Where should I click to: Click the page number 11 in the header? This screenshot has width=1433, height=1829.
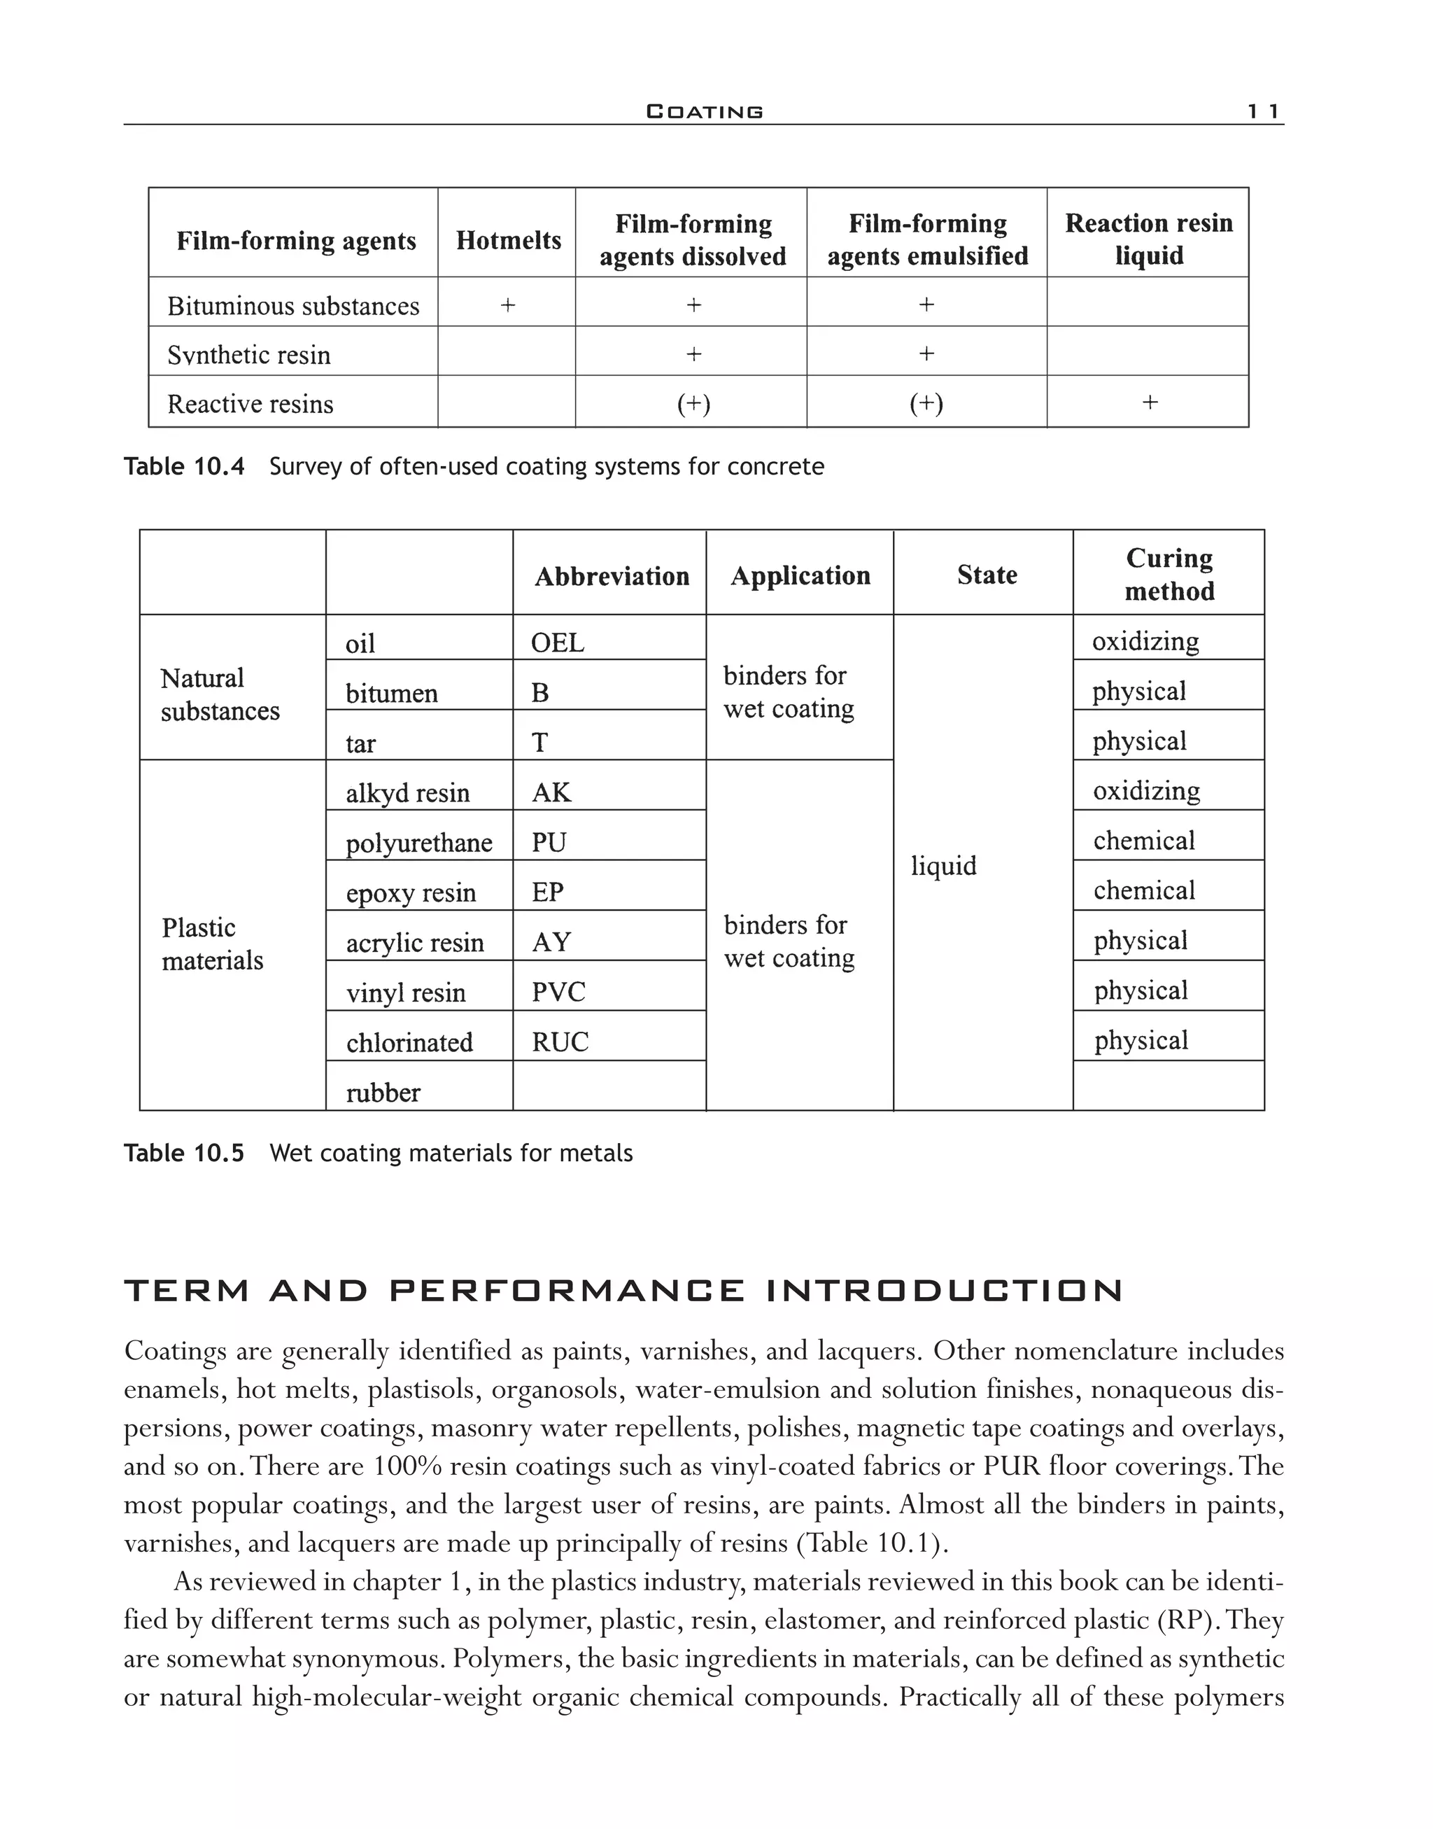click(1263, 111)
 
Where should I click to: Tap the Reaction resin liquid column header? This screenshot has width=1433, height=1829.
click(1149, 239)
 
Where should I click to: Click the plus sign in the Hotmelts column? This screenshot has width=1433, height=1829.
click(507, 304)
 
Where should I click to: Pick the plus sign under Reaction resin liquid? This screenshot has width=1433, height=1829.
click(1150, 403)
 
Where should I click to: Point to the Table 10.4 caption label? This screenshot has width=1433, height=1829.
click(184, 467)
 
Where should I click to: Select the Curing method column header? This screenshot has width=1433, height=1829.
click(1169, 574)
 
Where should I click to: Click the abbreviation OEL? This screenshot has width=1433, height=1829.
click(557, 643)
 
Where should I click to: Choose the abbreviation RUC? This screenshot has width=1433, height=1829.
click(560, 1042)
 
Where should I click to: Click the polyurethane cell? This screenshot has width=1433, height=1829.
click(418, 843)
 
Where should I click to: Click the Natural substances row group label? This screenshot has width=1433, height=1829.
click(220, 694)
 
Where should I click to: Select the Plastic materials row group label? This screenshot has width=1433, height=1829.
click(211, 944)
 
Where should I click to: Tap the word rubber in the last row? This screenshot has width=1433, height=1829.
click(383, 1093)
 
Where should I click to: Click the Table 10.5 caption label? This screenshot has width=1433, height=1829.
click(184, 1154)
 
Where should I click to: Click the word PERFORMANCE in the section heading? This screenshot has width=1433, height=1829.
click(567, 1291)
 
